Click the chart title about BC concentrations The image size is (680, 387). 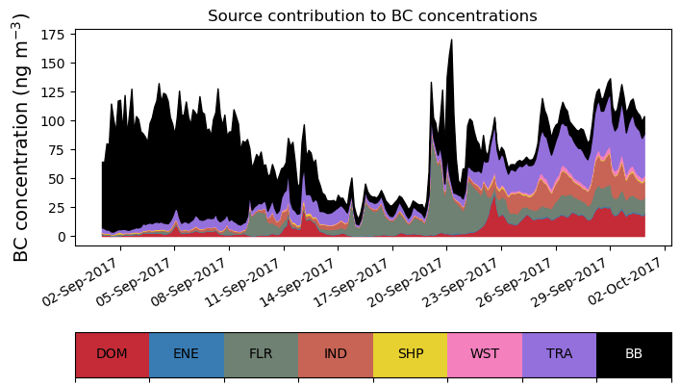372,15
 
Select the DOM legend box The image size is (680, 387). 112,353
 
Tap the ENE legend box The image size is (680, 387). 187,353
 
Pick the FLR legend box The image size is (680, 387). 261,353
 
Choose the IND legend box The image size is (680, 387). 336,353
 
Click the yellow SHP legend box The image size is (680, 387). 410,353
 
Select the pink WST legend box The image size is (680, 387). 485,353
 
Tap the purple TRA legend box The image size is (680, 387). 559,353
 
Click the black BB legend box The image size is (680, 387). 634,353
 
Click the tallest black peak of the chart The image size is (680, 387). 451,41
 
